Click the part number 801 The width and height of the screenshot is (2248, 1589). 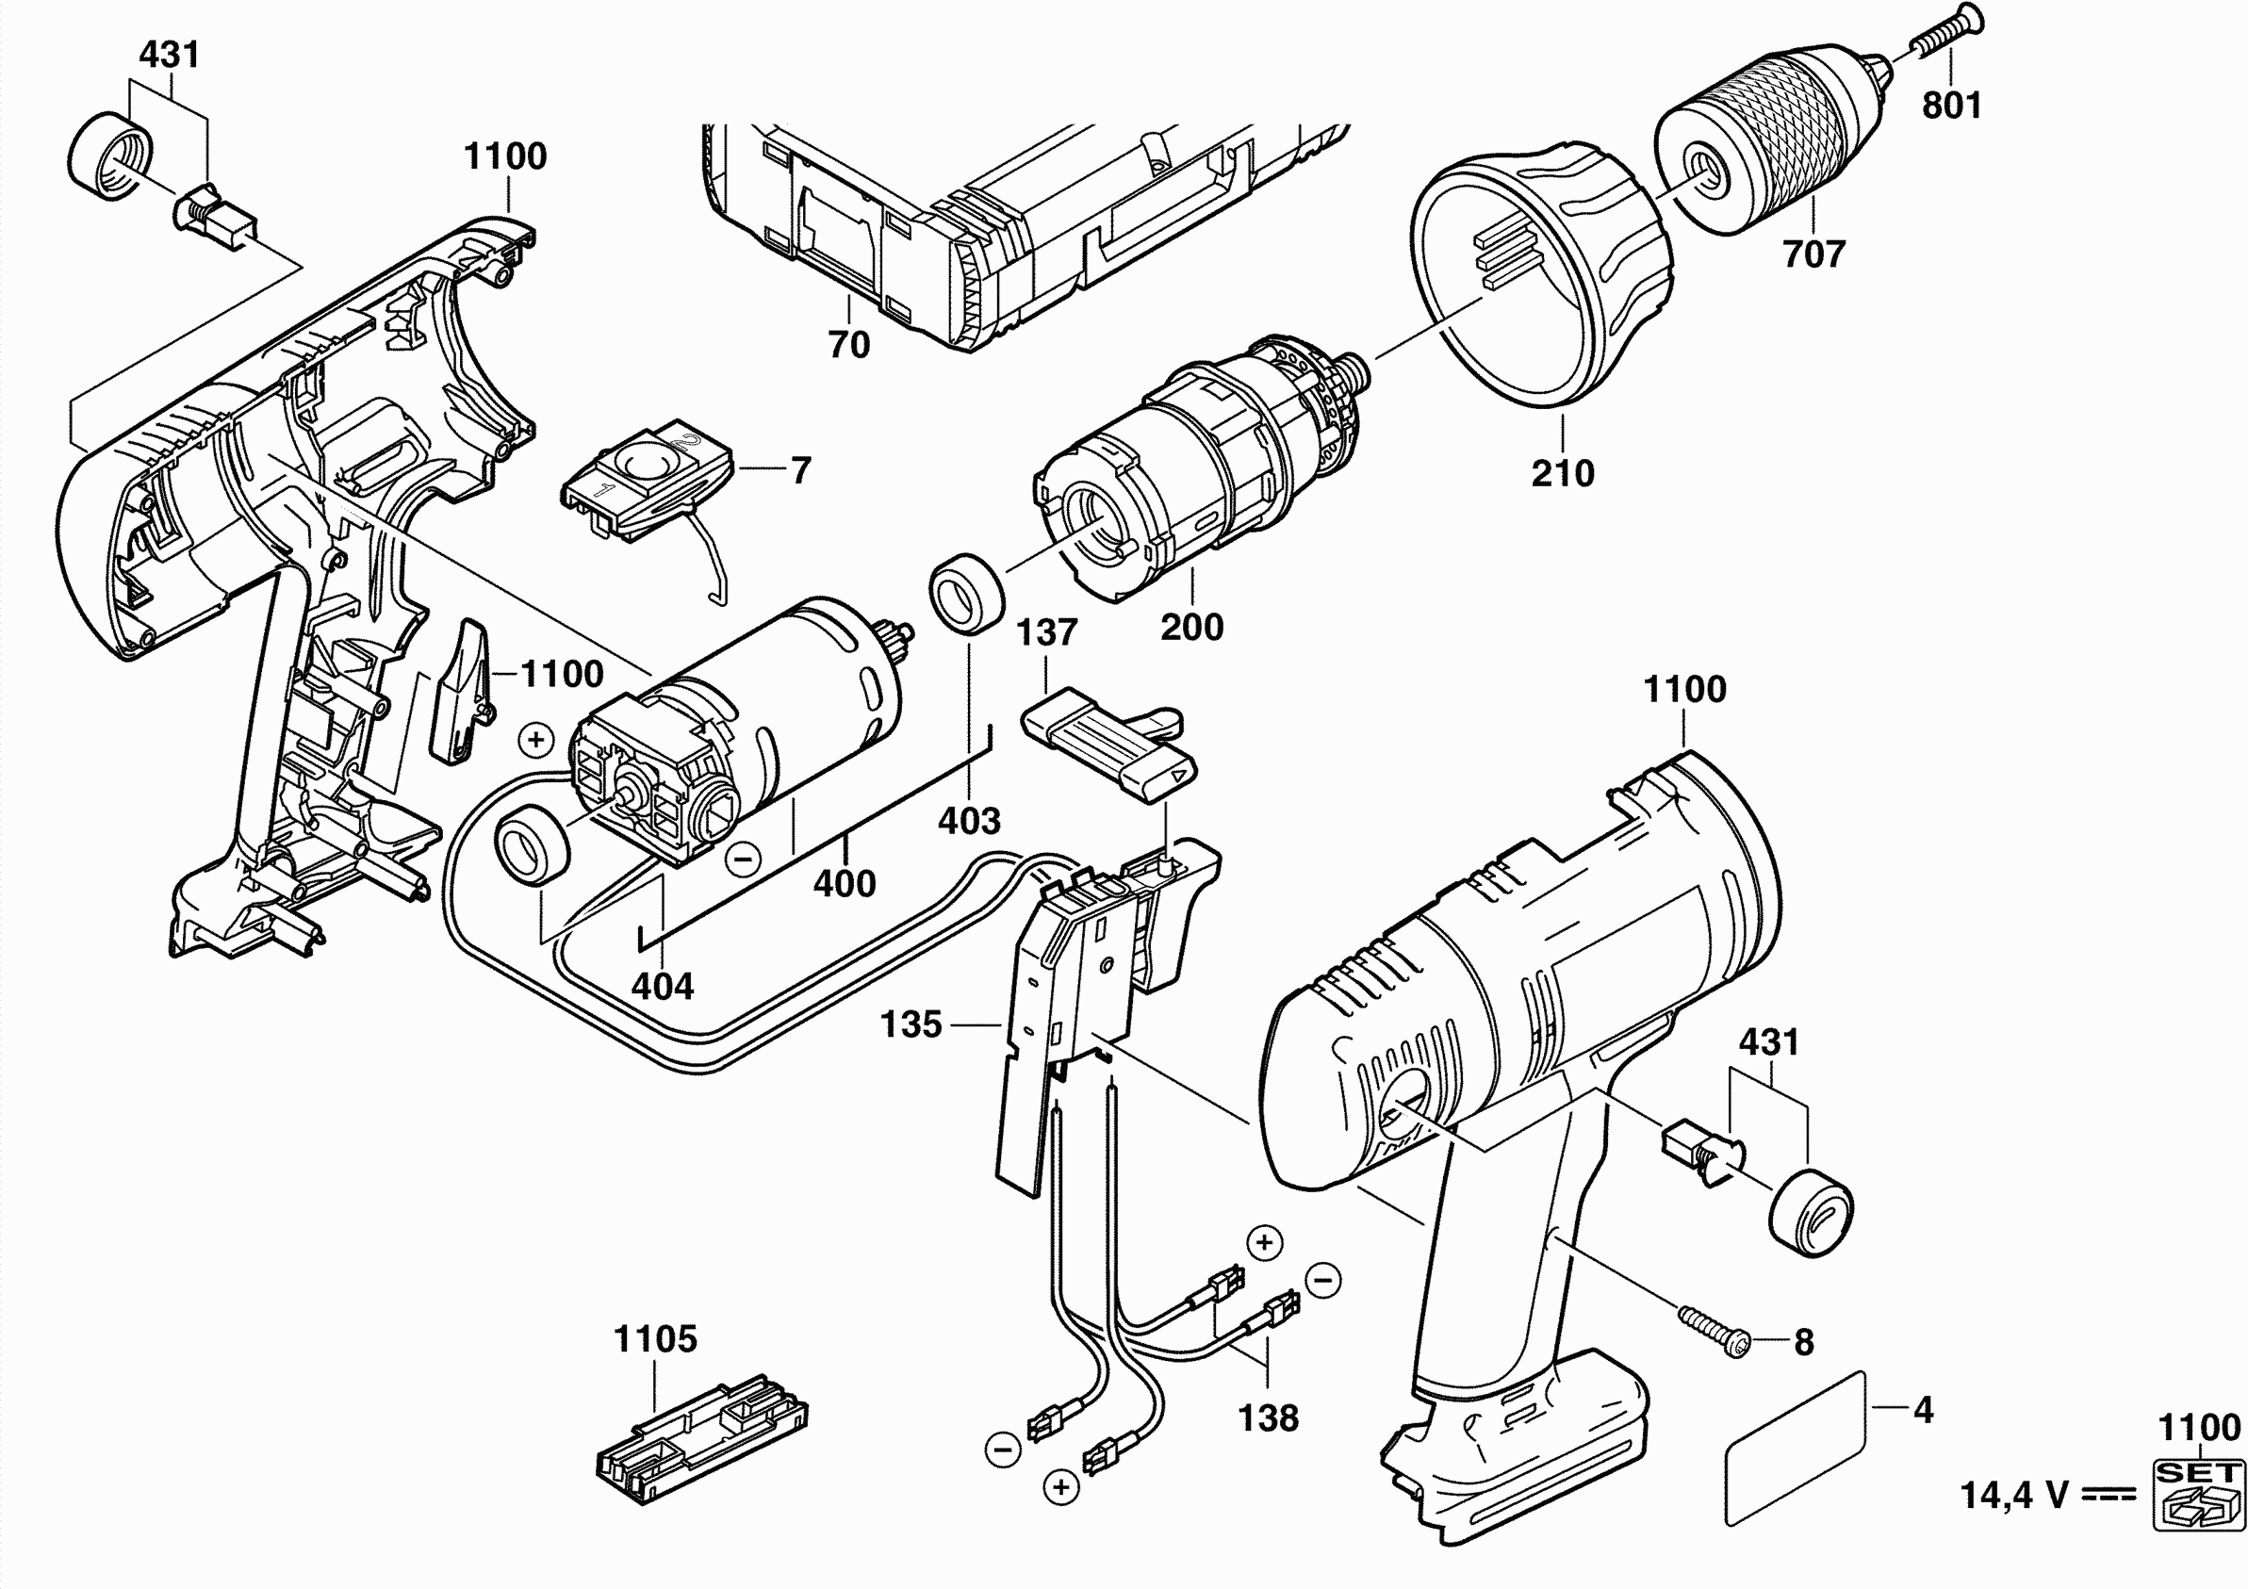[x=1951, y=105]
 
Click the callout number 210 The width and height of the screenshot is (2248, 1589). [x=1563, y=474]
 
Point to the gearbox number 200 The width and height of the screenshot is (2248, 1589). [x=1191, y=627]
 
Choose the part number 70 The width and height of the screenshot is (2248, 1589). [x=849, y=345]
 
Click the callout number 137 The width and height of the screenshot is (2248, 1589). [x=1046, y=632]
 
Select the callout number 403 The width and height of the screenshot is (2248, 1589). [x=969, y=821]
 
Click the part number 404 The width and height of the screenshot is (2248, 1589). [x=663, y=986]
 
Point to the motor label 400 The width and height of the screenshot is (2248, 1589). [x=844, y=884]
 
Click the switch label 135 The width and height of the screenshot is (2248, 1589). [x=911, y=1025]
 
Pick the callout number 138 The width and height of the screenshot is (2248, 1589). [x=1268, y=1417]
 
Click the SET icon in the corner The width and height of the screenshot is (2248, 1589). [x=2199, y=1492]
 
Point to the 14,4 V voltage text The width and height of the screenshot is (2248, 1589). [x=2015, y=1496]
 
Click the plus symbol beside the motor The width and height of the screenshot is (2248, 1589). [x=535, y=740]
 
